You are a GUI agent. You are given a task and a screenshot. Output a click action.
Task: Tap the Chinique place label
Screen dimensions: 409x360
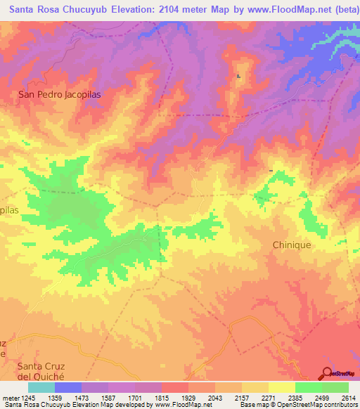pyautogui.click(x=291, y=245)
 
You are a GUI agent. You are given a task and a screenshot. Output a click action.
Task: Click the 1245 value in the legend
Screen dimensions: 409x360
pyautogui.click(x=29, y=397)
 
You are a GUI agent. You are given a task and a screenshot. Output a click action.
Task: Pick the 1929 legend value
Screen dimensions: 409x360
pyautogui.click(x=189, y=397)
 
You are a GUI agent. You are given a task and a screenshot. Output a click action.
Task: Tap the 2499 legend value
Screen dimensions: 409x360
pyautogui.click(x=321, y=397)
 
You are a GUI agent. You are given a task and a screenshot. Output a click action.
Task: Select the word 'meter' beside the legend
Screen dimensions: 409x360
pyautogui.click(x=9, y=397)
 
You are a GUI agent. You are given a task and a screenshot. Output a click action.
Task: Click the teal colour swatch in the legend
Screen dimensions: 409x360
pyautogui.click(x=41, y=387)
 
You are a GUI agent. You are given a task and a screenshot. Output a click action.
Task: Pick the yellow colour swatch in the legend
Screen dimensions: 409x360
pyautogui.click(x=282, y=387)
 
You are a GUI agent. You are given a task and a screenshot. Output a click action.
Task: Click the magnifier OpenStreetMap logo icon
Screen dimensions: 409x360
pyautogui.click(x=326, y=373)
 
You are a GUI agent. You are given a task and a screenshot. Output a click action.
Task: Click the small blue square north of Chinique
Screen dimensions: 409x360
pyautogui.click(x=271, y=170)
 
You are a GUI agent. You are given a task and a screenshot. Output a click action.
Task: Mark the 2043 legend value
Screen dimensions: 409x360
pyautogui.click(x=216, y=397)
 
